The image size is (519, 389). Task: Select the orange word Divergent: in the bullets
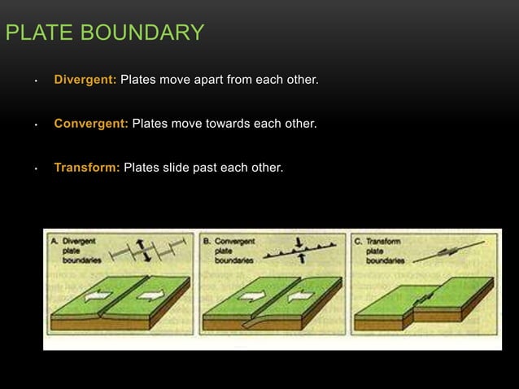(85, 81)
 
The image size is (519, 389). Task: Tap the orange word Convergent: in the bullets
(91, 125)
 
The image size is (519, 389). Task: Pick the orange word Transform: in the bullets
(87, 168)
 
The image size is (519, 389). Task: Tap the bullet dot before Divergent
(36, 82)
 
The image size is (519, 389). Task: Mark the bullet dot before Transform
(36, 168)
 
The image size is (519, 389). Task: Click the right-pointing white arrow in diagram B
(250, 297)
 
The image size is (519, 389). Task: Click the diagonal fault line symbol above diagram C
(447, 251)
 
